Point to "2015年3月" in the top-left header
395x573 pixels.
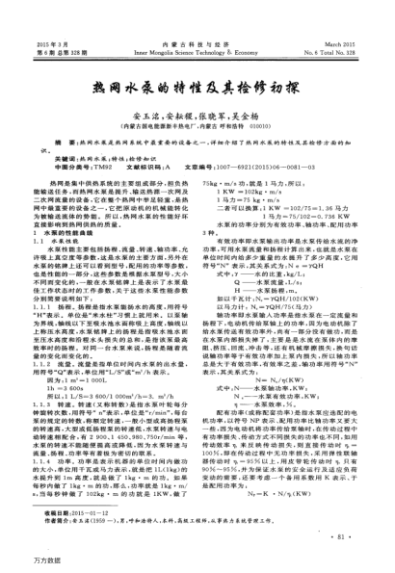(49, 17)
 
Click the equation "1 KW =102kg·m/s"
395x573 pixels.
(250, 194)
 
